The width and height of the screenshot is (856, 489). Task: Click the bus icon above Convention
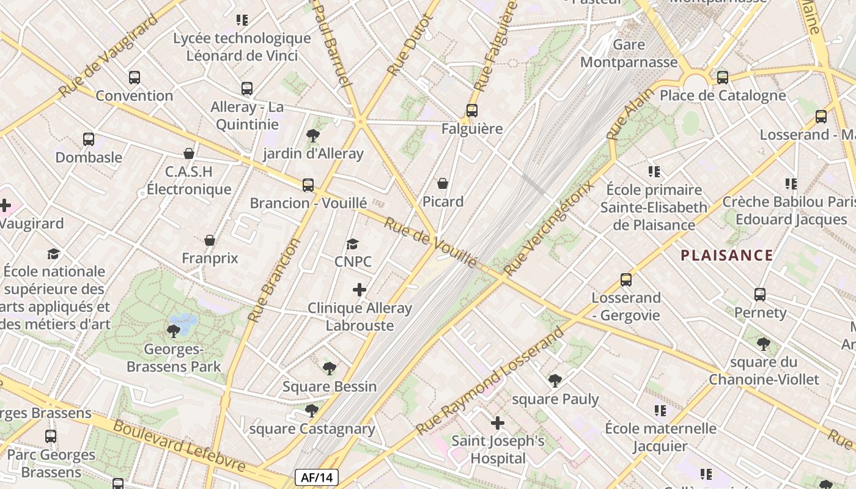click(x=135, y=78)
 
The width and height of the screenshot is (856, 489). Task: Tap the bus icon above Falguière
click(x=471, y=111)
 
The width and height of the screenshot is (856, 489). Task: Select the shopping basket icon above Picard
click(x=443, y=183)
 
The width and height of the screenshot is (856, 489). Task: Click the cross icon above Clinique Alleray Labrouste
click(x=360, y=290)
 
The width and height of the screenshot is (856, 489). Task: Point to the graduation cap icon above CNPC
click(x=352, y=244)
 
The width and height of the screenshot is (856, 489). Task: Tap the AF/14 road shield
click(x=316, y=477)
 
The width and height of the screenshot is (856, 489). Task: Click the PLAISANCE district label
click(x=727, y=256)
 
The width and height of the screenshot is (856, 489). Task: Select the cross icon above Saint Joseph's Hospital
click(x=498, y=422)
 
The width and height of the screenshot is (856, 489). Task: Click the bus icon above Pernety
click(x=760, y=295)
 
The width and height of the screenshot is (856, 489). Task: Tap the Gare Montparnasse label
click(x=629, y=53)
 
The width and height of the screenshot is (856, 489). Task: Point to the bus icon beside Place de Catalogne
click(x=723, y=78)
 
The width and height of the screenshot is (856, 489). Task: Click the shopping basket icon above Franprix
click(x=210, y=240)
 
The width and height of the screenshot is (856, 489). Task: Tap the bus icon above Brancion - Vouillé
click(x=308, y=185)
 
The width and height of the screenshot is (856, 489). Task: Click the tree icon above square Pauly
click(x=555, y=381)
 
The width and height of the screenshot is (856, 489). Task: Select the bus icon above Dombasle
click(x=89, y=139)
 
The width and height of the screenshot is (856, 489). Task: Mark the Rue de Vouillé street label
click(x=430, y=243)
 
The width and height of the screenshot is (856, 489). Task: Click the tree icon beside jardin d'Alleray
click(x=313, y=135)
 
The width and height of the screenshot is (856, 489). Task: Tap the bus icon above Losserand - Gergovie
click(x=625, y=280)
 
